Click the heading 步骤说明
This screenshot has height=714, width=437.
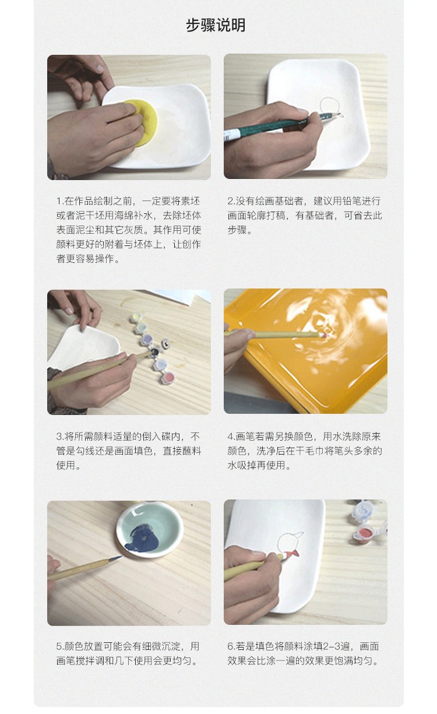click(216, 25)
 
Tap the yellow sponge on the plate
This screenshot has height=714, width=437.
click(143, 123)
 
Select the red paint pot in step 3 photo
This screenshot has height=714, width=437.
click(168, 378)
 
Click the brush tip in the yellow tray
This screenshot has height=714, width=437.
click(323, 335)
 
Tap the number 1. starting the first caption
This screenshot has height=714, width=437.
click(60, 201)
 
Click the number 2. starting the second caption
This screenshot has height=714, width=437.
click(231, 201)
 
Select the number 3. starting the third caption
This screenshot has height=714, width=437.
click(61, 436)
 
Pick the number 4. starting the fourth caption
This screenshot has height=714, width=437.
click(232, 436)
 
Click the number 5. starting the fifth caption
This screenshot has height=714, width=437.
click(60, 646)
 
